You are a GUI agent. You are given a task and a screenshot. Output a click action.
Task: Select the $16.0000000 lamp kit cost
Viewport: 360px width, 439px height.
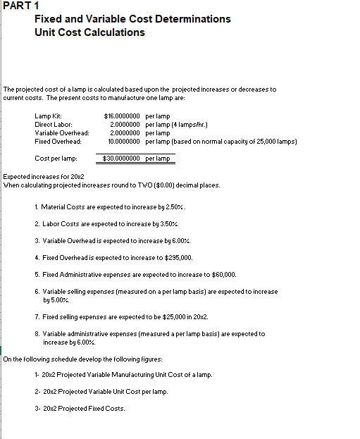122,115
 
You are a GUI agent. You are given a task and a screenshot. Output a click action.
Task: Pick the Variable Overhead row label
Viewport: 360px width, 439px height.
62,132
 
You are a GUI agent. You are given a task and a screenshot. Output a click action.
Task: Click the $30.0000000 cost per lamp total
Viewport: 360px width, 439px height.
122,159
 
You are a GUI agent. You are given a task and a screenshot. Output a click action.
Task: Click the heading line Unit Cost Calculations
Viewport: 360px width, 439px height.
89,32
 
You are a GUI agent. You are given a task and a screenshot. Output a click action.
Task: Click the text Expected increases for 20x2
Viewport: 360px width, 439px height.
44,176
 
